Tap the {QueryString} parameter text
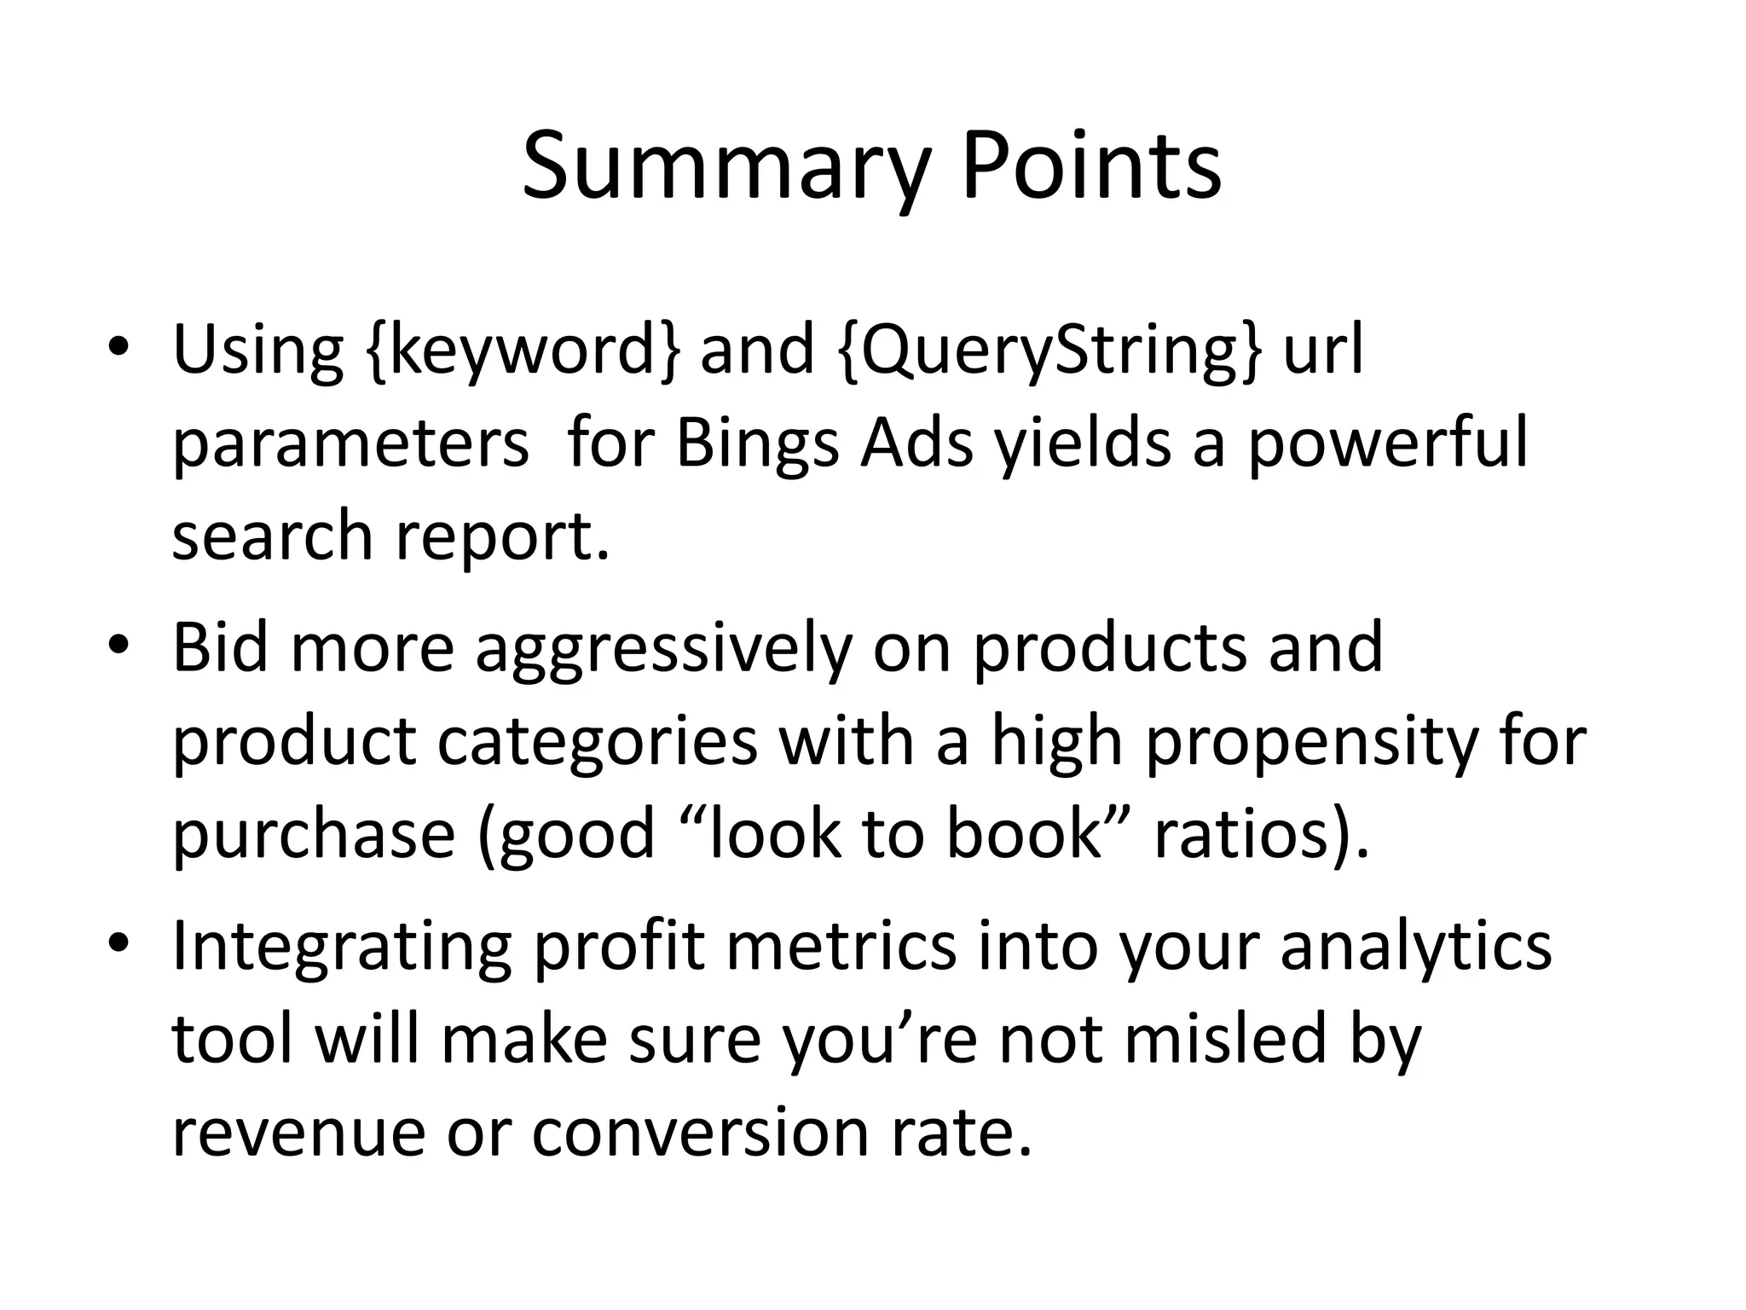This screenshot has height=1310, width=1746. (x=1048, y=350)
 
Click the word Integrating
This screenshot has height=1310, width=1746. (x=341, y=947)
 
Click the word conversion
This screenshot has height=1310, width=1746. (x=700, y=1133)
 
